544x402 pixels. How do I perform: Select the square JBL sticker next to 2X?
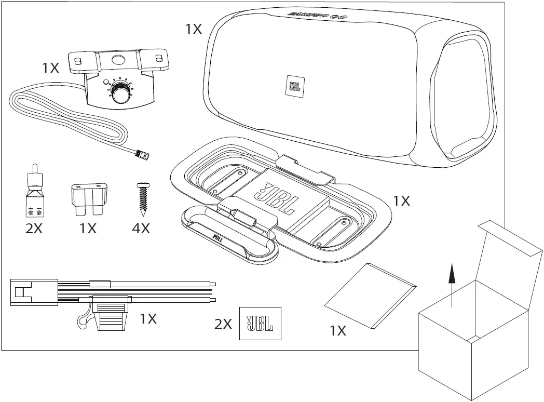click(x=260, y=324)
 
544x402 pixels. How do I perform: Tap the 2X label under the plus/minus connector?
click(x=34, y=228)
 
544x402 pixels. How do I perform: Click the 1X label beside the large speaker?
click(x=194, y=29)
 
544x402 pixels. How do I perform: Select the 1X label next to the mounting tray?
click(x=401, y=200)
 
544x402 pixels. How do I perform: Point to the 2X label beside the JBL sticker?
click(x=223, y=324)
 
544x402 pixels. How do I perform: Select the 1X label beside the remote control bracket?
click(x=50, y=68)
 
